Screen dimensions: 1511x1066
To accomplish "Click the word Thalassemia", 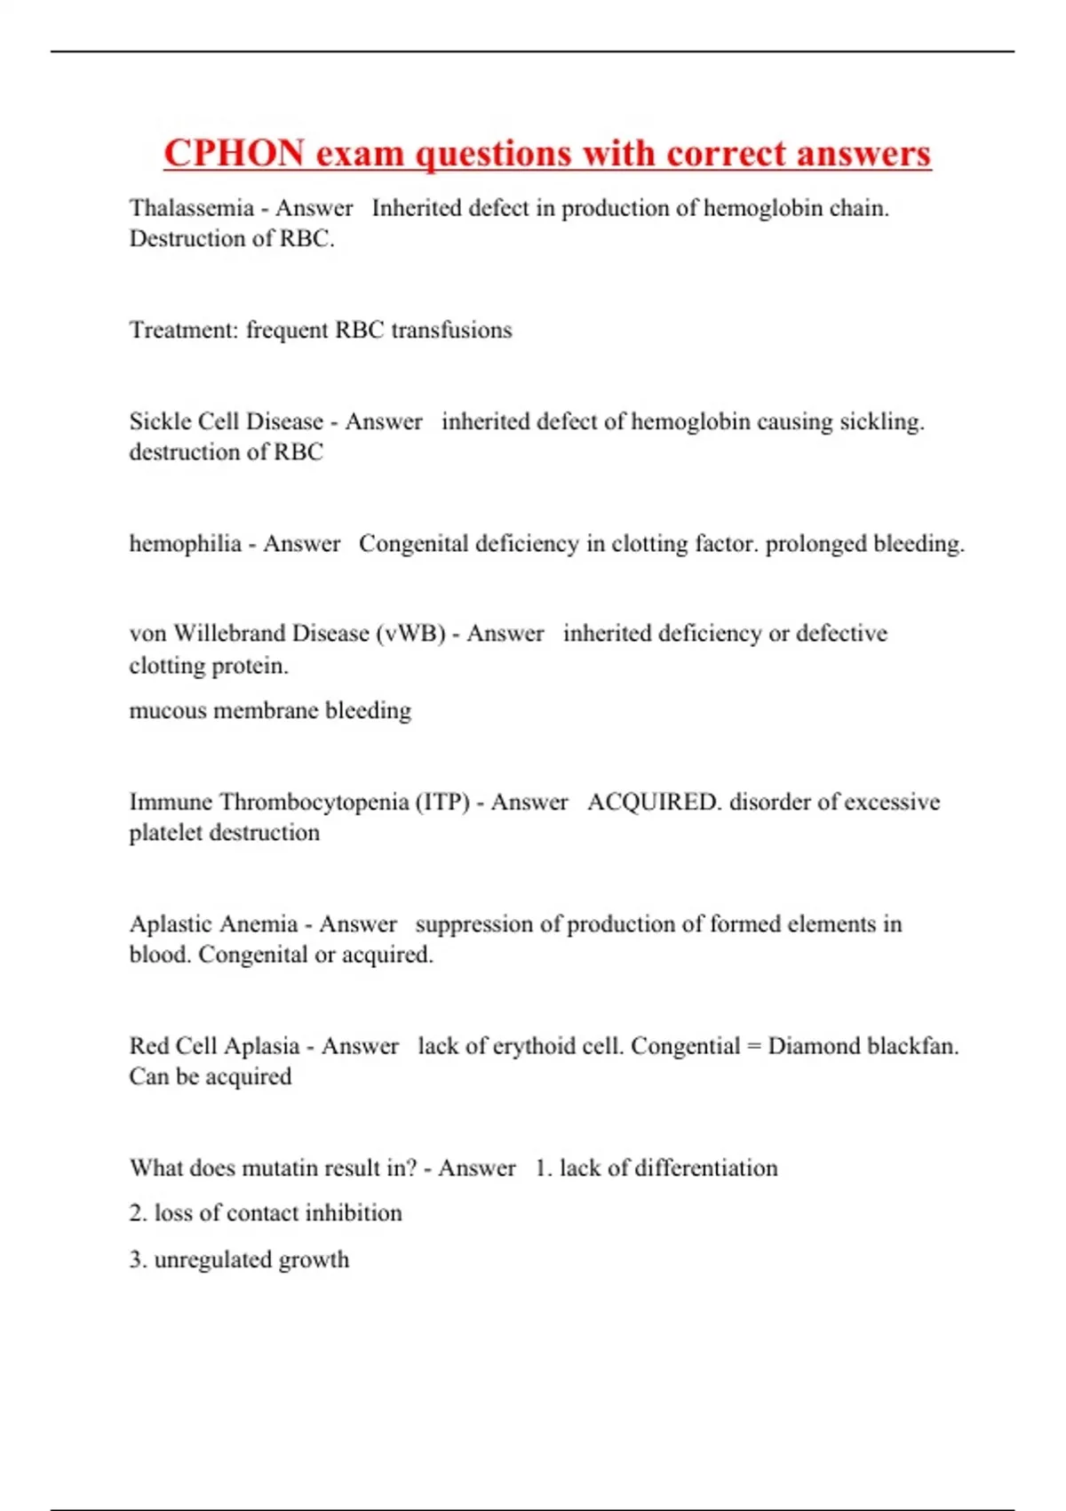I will tap(192, 208).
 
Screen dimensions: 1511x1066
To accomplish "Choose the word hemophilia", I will tap(185, 543).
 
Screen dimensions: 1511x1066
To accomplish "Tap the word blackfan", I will tap(912, 1045).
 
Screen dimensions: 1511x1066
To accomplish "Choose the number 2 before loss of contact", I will tap(138, 1213).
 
